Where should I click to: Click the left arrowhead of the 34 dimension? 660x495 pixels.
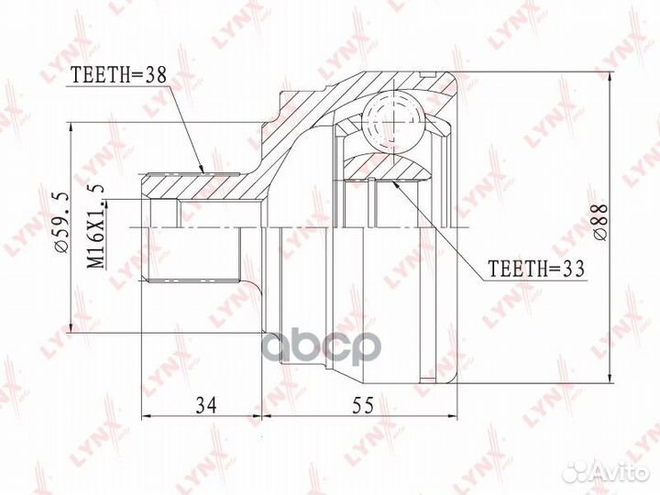pos(146,418)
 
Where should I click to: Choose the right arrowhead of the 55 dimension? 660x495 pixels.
pos(457,418)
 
